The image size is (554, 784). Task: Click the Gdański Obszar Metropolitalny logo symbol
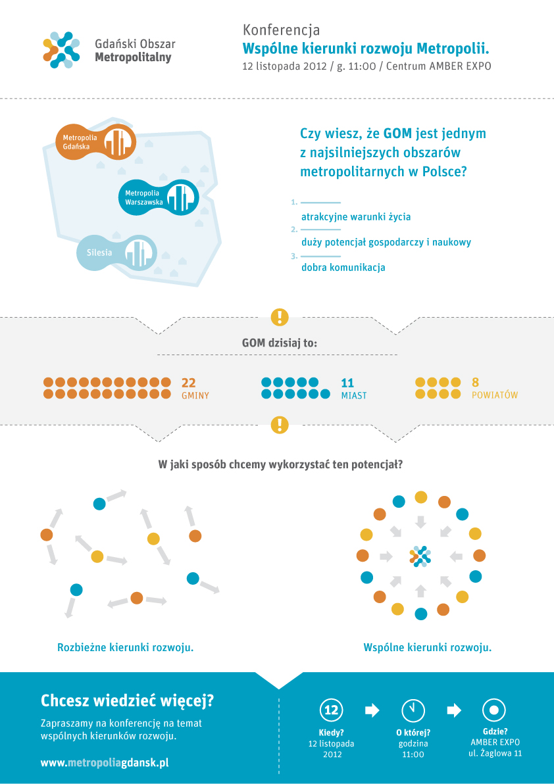coord(61,50)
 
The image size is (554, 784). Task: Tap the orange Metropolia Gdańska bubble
coord(95,142)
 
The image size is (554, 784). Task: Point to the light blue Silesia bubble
coord(116,253)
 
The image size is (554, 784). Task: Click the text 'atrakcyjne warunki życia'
coord(356,217)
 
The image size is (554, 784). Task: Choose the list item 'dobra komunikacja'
coord(343,267)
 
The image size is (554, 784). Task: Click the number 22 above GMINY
coord(188,383)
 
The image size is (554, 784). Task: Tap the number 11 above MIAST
coord(347,383)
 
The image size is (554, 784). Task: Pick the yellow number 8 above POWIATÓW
coord(476,383)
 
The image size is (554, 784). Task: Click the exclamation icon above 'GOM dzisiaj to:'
coord(280,316)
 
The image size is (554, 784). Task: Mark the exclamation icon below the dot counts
coord(280,424)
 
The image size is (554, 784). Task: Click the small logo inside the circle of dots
coord(420,556)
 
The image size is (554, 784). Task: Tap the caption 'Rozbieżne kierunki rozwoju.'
coord(126,647)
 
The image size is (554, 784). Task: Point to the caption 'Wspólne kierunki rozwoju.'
coord(428,647)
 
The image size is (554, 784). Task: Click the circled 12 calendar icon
coord(332,710)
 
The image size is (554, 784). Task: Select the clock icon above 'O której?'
coord(413,710)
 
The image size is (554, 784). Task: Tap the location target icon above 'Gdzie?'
coord(494,710)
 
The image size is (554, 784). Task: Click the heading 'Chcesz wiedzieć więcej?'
coord(127,701)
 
